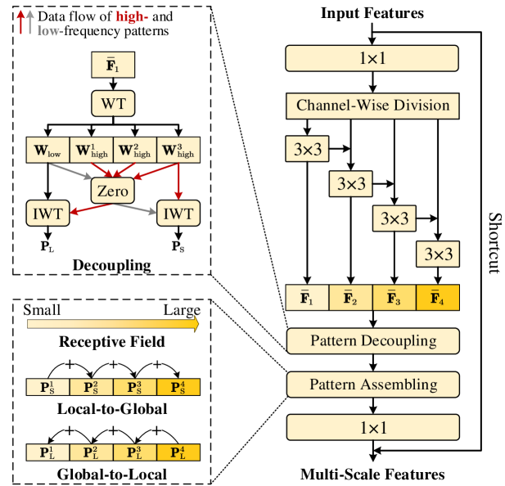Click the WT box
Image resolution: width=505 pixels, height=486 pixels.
113,104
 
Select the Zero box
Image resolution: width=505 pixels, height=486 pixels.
113,191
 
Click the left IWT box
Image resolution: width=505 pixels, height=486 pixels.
47,214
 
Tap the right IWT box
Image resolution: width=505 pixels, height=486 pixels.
178,214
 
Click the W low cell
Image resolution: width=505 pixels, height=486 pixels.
47,151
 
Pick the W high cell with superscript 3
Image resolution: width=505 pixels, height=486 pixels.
178,151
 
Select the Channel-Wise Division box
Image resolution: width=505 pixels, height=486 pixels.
372,106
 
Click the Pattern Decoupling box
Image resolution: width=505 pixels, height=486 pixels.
372,340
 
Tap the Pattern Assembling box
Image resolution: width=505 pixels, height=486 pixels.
372,385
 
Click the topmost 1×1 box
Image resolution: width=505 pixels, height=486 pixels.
372,59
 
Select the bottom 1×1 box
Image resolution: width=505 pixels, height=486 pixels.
372,428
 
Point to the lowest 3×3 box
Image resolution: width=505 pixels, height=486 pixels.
438,254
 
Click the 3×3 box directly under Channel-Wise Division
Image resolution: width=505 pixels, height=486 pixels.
307,149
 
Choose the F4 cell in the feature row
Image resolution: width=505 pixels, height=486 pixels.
437,298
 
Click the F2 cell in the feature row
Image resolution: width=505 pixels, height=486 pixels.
350,298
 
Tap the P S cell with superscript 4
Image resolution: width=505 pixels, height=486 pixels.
178,387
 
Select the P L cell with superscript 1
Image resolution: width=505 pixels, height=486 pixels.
47,452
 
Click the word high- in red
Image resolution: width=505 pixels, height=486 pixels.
132,16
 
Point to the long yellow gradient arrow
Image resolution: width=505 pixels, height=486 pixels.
113,325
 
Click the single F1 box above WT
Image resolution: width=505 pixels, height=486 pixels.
113,65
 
